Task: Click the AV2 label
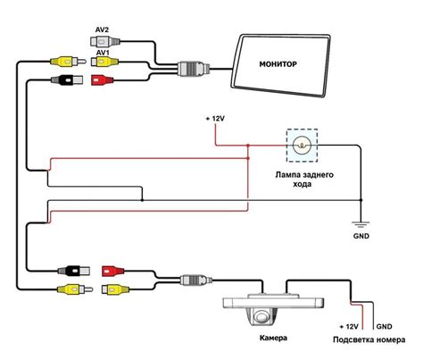coord(102,29)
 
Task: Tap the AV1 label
coord(102,53)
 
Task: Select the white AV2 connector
coord(104,41)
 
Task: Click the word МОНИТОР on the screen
coord(278,64)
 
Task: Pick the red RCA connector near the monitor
coord(102,80)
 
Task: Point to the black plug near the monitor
coord(68,80)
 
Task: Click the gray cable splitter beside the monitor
coord(194,69)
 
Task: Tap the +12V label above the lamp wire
coord(215,119)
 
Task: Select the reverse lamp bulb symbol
coord(302,146)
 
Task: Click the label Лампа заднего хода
coord(304,180)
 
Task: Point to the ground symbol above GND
coord(361,224)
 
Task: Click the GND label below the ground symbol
coord(361,236)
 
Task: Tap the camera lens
coord(261,316)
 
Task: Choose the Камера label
coord(273,338)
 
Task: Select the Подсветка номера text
coord(369,339)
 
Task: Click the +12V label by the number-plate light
coord(349,326)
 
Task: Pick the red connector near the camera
coord(113,271)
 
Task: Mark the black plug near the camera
coord(74,271)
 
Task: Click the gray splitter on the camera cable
coord(196,280)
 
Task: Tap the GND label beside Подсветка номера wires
coord(384,326)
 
